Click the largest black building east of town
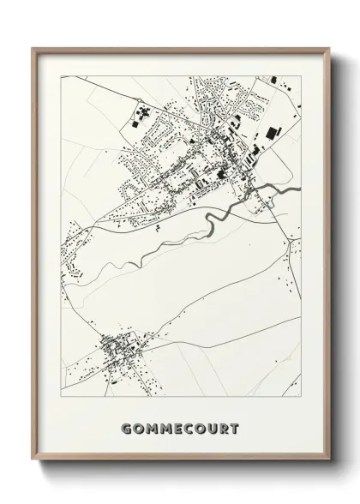(x=273, y=134)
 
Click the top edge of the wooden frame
(x=180, y=47)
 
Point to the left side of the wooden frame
(x=35, y=257)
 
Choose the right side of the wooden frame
(x=326, y=257)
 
